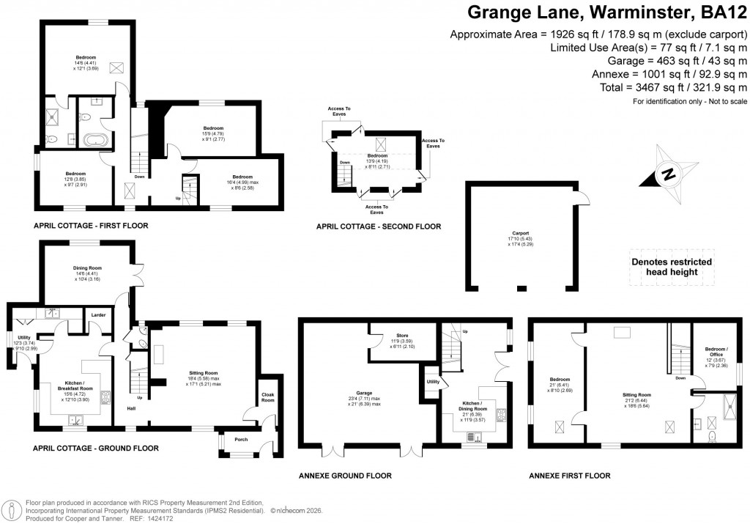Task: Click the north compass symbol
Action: pos(667,174)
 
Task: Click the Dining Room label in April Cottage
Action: pos(86,267)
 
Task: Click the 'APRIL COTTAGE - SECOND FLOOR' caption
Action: pos(378,226)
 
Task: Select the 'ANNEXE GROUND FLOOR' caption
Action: pos(345,476)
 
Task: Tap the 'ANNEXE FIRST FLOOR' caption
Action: pos(569,476)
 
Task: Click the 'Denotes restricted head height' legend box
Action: pos(671,267)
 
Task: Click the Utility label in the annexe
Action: pos(433,382)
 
